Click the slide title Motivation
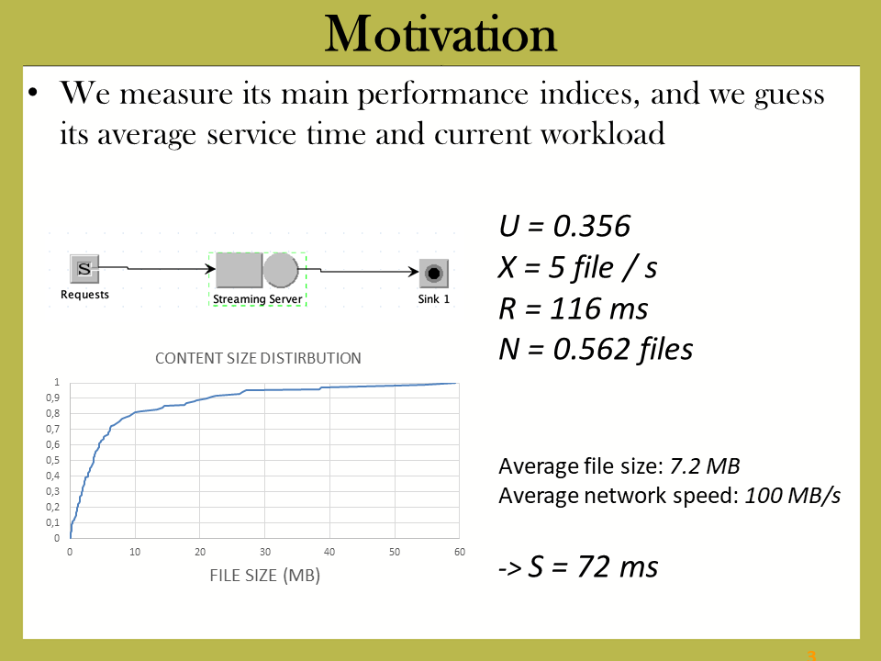pos(440,34)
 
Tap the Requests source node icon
pos(84,269)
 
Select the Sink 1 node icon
pos(434,274)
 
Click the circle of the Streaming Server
pos(281,270)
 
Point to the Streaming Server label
pos(257,299)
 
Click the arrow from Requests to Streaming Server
pos(157,268)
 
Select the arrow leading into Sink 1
pos(359,271)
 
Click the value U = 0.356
pos(564,226)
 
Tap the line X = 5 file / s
pos(577,267)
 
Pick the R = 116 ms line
pos(573,308)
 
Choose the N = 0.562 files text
pos(596,349)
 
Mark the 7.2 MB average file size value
pos(705,466)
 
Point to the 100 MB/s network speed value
pos(793,496)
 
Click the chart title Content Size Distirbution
pos(258,358)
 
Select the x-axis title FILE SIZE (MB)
pos(264,576)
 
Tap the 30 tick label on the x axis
pos(264,552)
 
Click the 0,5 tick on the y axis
pos(53,460)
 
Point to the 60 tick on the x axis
pos(460,552)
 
